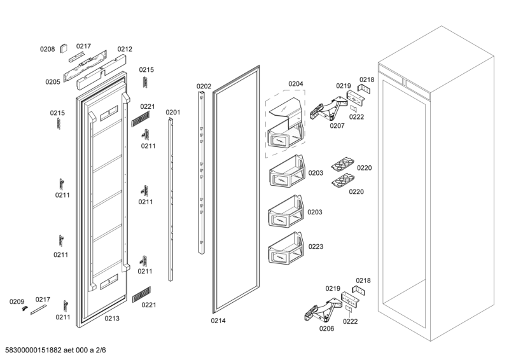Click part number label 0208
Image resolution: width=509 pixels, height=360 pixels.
[47, 49]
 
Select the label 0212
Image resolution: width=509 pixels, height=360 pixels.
[125, 49]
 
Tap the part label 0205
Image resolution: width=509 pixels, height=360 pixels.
[52, 81]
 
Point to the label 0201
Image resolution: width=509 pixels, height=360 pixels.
[173, 113]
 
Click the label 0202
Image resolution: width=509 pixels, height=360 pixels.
[204, 86]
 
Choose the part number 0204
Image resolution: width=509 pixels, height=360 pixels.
[295, 84]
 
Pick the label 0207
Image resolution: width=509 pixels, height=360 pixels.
[337, 125]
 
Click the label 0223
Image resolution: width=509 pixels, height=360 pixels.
[316, 246]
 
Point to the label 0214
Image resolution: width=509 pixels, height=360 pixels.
[218, 321]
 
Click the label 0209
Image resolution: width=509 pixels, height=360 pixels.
[17, 301]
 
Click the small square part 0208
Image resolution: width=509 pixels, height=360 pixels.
[64, 47]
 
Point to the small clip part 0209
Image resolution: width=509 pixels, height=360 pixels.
[25, 308]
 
